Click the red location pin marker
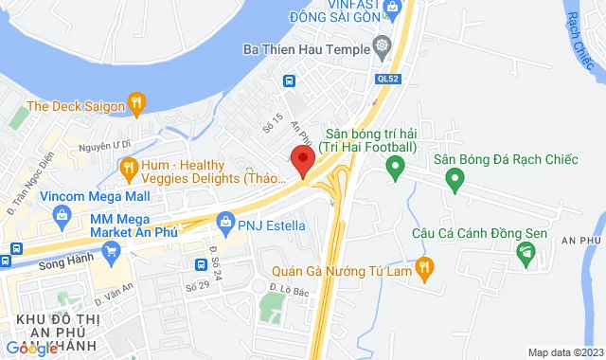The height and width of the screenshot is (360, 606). coord(302,161)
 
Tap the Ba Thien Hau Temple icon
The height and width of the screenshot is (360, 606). coord(383,45)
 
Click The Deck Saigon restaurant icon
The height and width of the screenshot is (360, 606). coord(137,101)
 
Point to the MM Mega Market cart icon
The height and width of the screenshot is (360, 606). coord(112,251)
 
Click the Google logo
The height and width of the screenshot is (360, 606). coord(32,348)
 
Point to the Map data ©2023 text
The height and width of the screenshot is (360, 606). coord(563,352)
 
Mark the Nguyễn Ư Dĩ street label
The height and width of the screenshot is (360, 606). coord(103,146)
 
